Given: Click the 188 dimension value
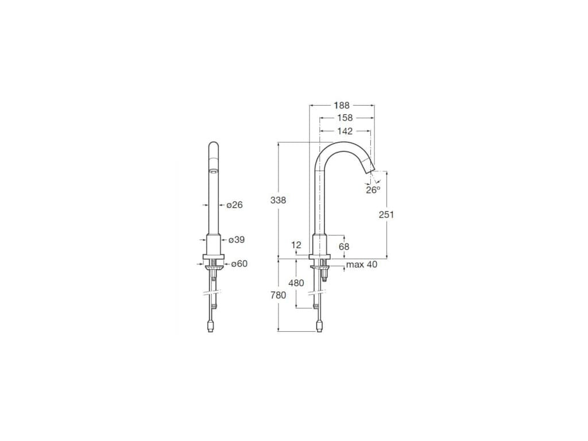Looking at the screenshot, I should (342, 106).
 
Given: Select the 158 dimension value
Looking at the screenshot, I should (345, 118).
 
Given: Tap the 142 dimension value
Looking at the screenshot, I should (345, 131).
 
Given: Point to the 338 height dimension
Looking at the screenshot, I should (278, 200).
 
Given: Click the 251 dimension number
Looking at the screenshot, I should (386, 214).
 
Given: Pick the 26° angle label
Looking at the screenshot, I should (373, 190).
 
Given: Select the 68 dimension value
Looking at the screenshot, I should (344, 246).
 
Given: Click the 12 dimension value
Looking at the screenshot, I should (296, 245).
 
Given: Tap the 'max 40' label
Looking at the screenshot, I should (362, 265).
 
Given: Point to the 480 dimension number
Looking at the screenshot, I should (296, 283).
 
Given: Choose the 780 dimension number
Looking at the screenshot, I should (278, 295).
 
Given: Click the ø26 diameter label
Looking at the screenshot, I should (234, 205).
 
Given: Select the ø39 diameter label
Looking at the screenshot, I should (235, 239).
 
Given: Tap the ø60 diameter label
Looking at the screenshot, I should (239, 264).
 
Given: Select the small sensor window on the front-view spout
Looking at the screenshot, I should (213, 171).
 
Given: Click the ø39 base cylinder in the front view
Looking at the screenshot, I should (213, 244).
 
